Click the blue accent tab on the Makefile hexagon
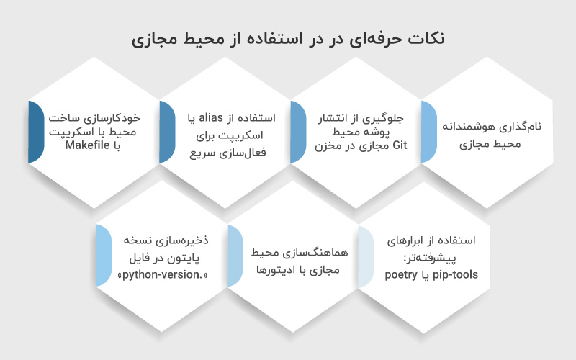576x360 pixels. (x=35, y=132)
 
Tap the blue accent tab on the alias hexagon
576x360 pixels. (x=166, y=132)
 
